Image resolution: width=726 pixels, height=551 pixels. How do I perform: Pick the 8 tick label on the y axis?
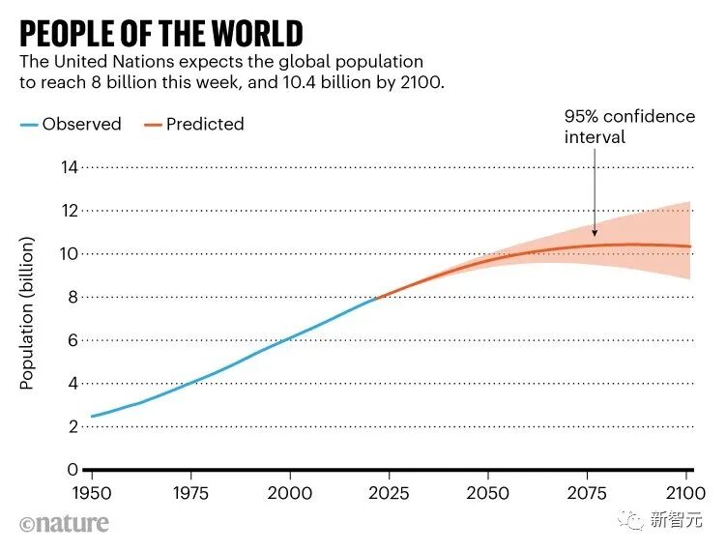click(71, 297)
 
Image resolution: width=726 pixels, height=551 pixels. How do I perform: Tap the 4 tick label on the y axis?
click(71, 383)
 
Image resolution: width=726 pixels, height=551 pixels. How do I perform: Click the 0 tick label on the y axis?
click(71, 470)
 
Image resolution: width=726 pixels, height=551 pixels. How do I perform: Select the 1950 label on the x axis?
click(93, 492)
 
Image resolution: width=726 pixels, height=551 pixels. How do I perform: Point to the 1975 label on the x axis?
click(191, 492)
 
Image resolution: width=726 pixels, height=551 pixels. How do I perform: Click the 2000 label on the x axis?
click(290, 492)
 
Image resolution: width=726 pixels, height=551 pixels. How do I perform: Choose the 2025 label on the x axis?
click(389, 492)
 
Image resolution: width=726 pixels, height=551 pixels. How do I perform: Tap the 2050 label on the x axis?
click(488, 492)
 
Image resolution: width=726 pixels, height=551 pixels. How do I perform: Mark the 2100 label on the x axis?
click(684, 492)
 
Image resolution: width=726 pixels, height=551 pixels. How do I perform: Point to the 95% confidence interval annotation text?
click(629, 127)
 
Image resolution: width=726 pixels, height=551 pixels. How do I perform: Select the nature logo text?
click(64, 523)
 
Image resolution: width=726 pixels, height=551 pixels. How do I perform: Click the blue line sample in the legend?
click(29, 124)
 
